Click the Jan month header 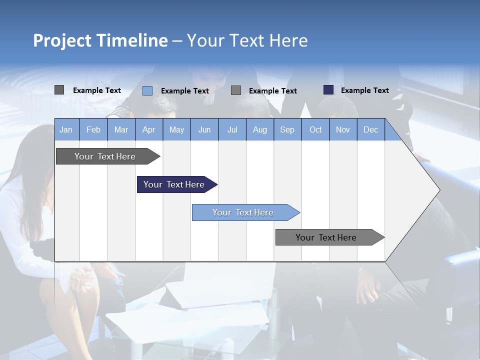tap(66, 129)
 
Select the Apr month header tap(148, 129)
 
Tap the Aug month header tap(259, 129)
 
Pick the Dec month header tap(370, 129)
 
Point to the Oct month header tap(315, 129)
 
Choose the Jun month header tap(204, 129)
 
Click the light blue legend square tap(147, 90)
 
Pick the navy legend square tap(328, 90)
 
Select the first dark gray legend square tap(59, 90)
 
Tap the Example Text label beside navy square tap(364, 90)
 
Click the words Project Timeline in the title tap(100, 40)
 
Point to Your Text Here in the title tap(247, 40)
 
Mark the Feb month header tap(93, 129)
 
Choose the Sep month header tap(287, 129)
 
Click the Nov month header tap(343, 129)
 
